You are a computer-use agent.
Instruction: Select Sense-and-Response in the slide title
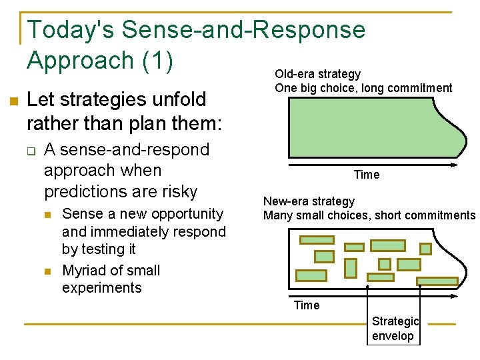click(x=244, y=31)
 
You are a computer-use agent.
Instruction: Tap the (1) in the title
click(x=157, y=61)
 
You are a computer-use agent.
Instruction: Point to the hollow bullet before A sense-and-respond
click(x=31, y=151)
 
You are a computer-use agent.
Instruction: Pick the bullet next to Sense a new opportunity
click(x=47, y=215)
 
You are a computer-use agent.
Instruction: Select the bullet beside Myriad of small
click(x=47, y=271)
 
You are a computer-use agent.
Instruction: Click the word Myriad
click(x=85, y=271)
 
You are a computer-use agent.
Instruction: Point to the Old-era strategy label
click(x=317, y=74)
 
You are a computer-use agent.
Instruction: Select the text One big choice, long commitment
click(x=363, y=88)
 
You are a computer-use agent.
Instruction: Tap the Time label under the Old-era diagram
click(x=367, y=175)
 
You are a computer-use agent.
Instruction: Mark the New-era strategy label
click(x=309, y=201)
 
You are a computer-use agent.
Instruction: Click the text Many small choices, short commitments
click(x=369, y=215)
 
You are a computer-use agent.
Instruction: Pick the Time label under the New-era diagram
click(x=307, y=305)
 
